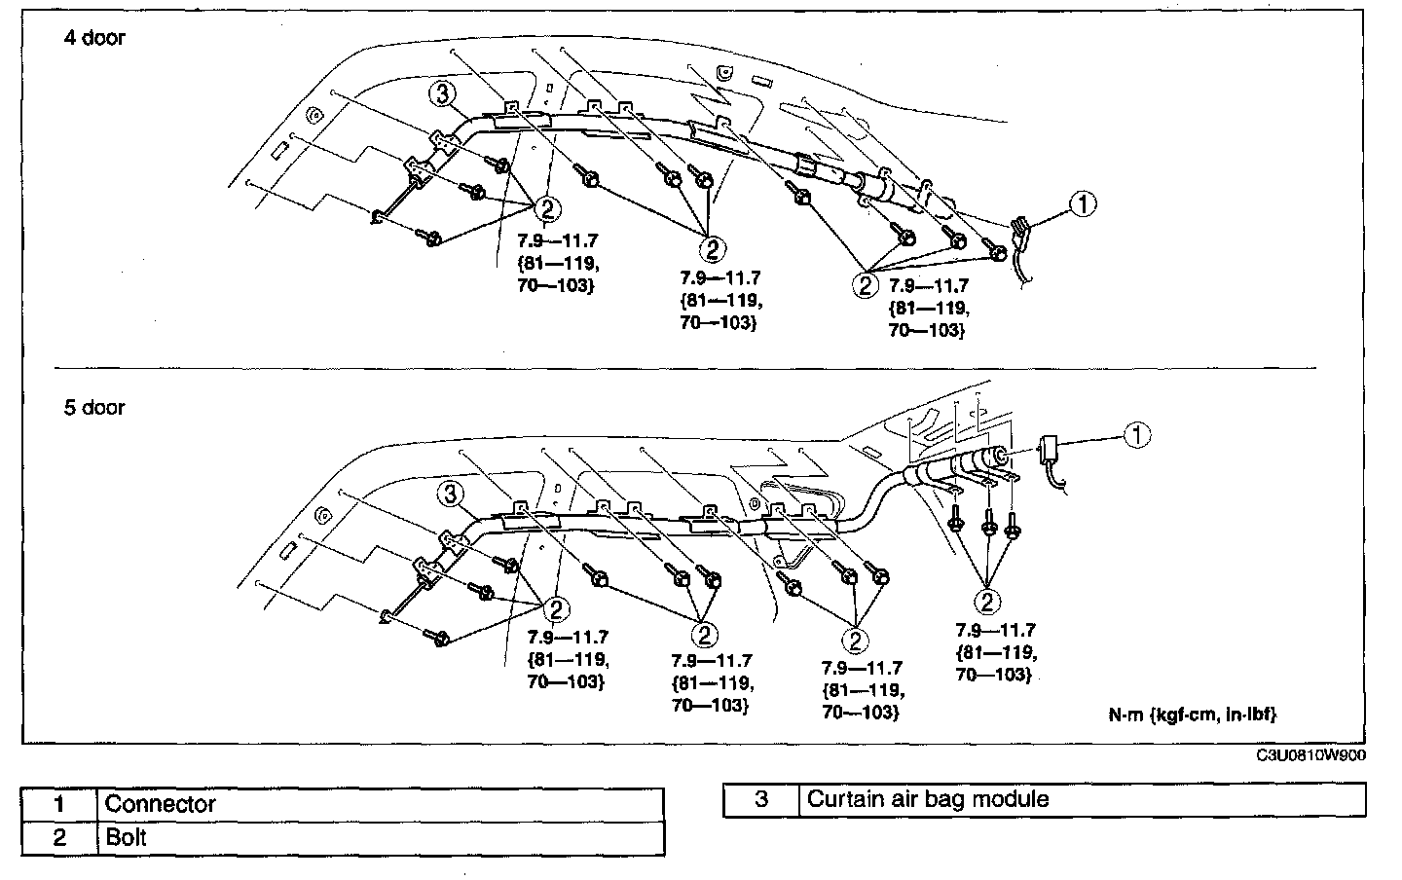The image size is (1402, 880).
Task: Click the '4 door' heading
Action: point(94,39)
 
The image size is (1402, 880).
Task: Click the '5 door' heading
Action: point(94,407)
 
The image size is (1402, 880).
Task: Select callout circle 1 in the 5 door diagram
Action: point(1136,435)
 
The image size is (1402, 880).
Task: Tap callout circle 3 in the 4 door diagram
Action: point(442,93)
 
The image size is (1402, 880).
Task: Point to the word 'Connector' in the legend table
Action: point(160,804)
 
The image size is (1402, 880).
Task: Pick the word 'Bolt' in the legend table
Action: point(126,837)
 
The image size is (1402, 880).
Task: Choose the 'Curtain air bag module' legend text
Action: point(928,799)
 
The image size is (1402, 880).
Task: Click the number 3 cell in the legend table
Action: point(761,799)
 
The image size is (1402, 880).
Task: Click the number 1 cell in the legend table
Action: point(59,804)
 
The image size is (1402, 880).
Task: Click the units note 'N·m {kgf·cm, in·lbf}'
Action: point(1192,715)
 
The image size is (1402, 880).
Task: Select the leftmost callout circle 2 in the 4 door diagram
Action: point(548,207)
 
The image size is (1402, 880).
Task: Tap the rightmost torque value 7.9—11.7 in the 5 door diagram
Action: point(995,630)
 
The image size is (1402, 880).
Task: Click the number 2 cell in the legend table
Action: point(59,837)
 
